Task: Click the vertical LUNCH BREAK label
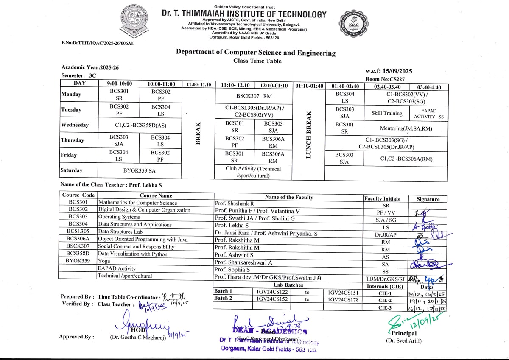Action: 309,134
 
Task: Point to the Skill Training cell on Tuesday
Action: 387,113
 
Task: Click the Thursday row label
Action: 73,140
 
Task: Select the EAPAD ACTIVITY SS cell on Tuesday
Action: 428,113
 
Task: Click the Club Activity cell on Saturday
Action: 253,172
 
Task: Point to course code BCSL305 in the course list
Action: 78,232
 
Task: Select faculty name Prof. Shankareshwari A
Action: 243,262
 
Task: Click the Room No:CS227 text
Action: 385,79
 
